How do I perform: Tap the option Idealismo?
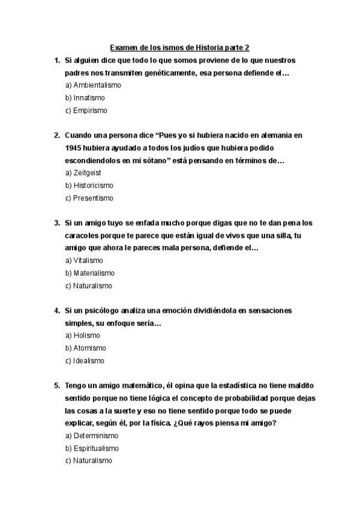85,361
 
